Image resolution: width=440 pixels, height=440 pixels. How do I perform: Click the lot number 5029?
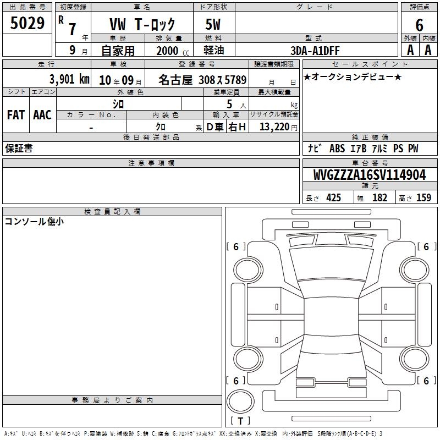tap(27, 23)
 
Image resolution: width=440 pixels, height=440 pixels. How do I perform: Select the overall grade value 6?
tap(419, 25)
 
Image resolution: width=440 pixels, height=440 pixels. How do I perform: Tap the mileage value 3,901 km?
tap(69, 79)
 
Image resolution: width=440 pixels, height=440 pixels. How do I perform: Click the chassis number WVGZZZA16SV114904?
tap(370, 175)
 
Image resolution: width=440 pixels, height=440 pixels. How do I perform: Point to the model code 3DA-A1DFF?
tap(315, 51)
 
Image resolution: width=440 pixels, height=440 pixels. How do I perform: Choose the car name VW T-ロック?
tap(142, 24)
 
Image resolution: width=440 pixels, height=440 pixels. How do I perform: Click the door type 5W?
tap(213, 24)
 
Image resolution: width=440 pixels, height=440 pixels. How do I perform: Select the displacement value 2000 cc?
tap(173, 51)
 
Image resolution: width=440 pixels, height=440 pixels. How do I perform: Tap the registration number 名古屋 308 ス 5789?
tap(202, 80)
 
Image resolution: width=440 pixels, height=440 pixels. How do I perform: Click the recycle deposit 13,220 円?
tap(278, 127)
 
